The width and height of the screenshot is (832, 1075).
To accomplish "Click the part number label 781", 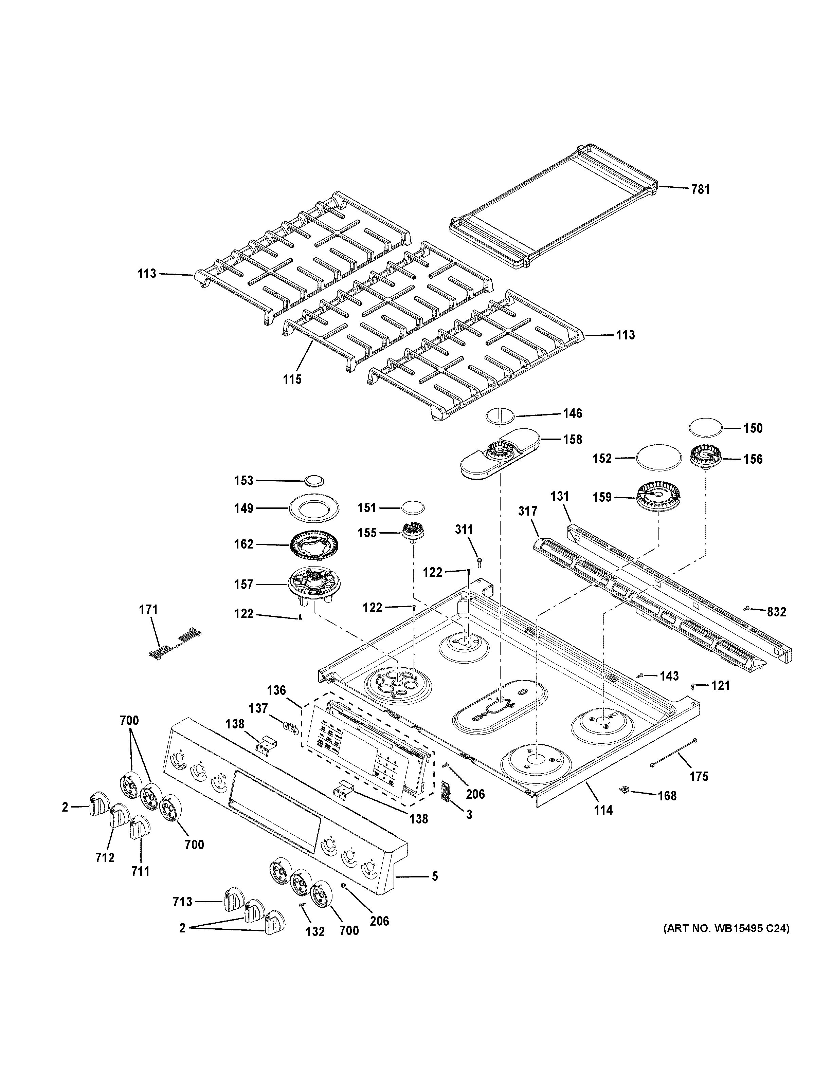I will coord(700,189).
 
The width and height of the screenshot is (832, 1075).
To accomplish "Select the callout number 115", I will coord(292,379).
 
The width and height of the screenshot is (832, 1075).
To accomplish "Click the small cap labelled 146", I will coord(500,415).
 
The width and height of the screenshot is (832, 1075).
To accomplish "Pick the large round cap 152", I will coord(659,458).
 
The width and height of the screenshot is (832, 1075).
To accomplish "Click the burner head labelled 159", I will coord(658,497).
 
